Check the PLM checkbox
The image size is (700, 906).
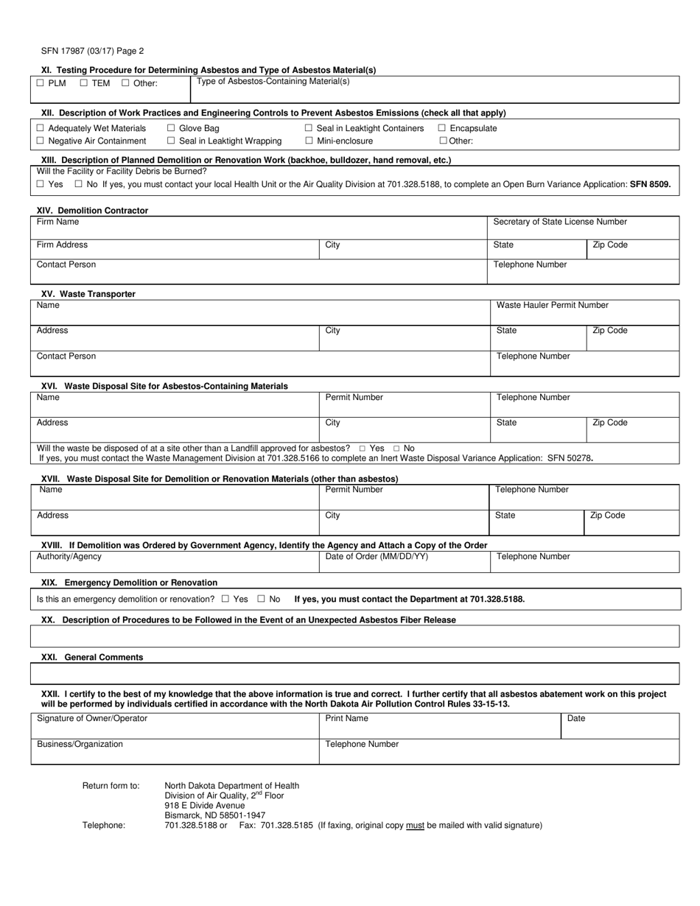(41, 83)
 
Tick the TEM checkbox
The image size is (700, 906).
(84, 83)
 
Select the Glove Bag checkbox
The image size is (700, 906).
(171, 128)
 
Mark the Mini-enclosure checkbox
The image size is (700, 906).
(309, 141)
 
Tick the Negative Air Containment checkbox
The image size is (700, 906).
(41, 141)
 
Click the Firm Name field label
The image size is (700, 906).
(58, 222)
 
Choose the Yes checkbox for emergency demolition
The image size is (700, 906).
(225, 600)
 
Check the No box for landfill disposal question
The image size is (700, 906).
(397, 448)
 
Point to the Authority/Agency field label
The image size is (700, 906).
(69, 557)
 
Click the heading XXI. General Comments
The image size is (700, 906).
(92, 657)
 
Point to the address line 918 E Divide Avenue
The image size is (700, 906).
(204, 805)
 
